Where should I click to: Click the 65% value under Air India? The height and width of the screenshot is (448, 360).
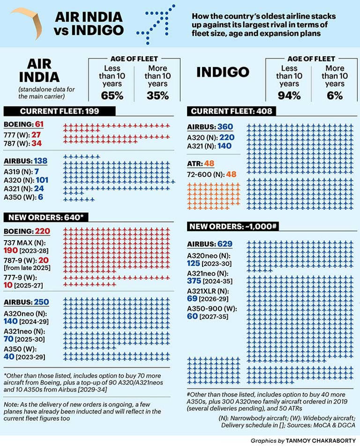[x=112, y=95]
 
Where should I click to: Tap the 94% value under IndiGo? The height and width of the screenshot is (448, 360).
[x=289, y=96]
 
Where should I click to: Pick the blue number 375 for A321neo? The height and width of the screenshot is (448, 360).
[x=195, y=281]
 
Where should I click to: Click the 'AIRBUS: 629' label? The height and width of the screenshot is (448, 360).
[x=210, y=244]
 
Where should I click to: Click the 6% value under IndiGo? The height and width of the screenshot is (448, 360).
[x=335, y=96]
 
